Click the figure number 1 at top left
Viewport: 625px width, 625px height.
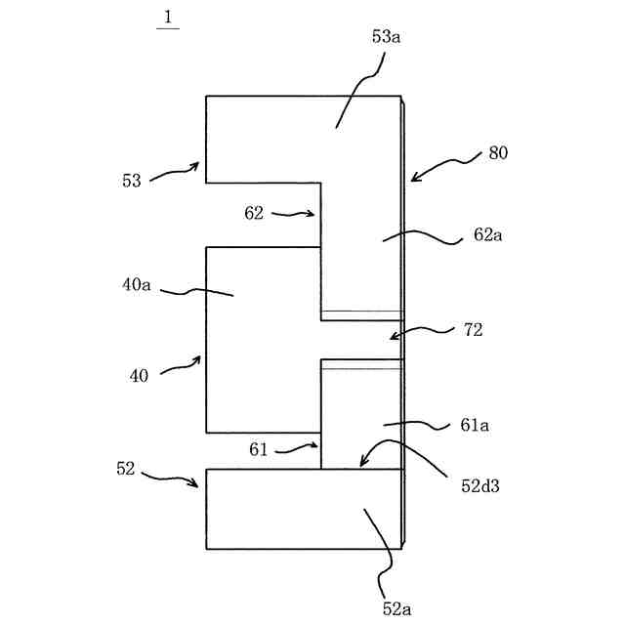pos(167,16)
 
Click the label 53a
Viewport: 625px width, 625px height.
pos(386,37)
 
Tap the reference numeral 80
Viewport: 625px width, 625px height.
pos(497,153)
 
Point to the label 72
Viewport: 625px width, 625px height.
pos(473,330)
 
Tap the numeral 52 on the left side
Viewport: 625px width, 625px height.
pos(125,469)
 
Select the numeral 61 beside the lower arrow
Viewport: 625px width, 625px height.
pos(259,448)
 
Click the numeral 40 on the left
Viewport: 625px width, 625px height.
pos(139,375)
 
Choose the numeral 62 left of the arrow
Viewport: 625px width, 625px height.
pos(254,213)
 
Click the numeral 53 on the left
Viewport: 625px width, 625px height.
pos(131,181)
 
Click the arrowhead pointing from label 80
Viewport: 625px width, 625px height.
pos(412,180)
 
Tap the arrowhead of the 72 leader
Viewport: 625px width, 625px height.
pos(391,338)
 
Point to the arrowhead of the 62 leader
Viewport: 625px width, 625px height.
pos(315,215)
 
